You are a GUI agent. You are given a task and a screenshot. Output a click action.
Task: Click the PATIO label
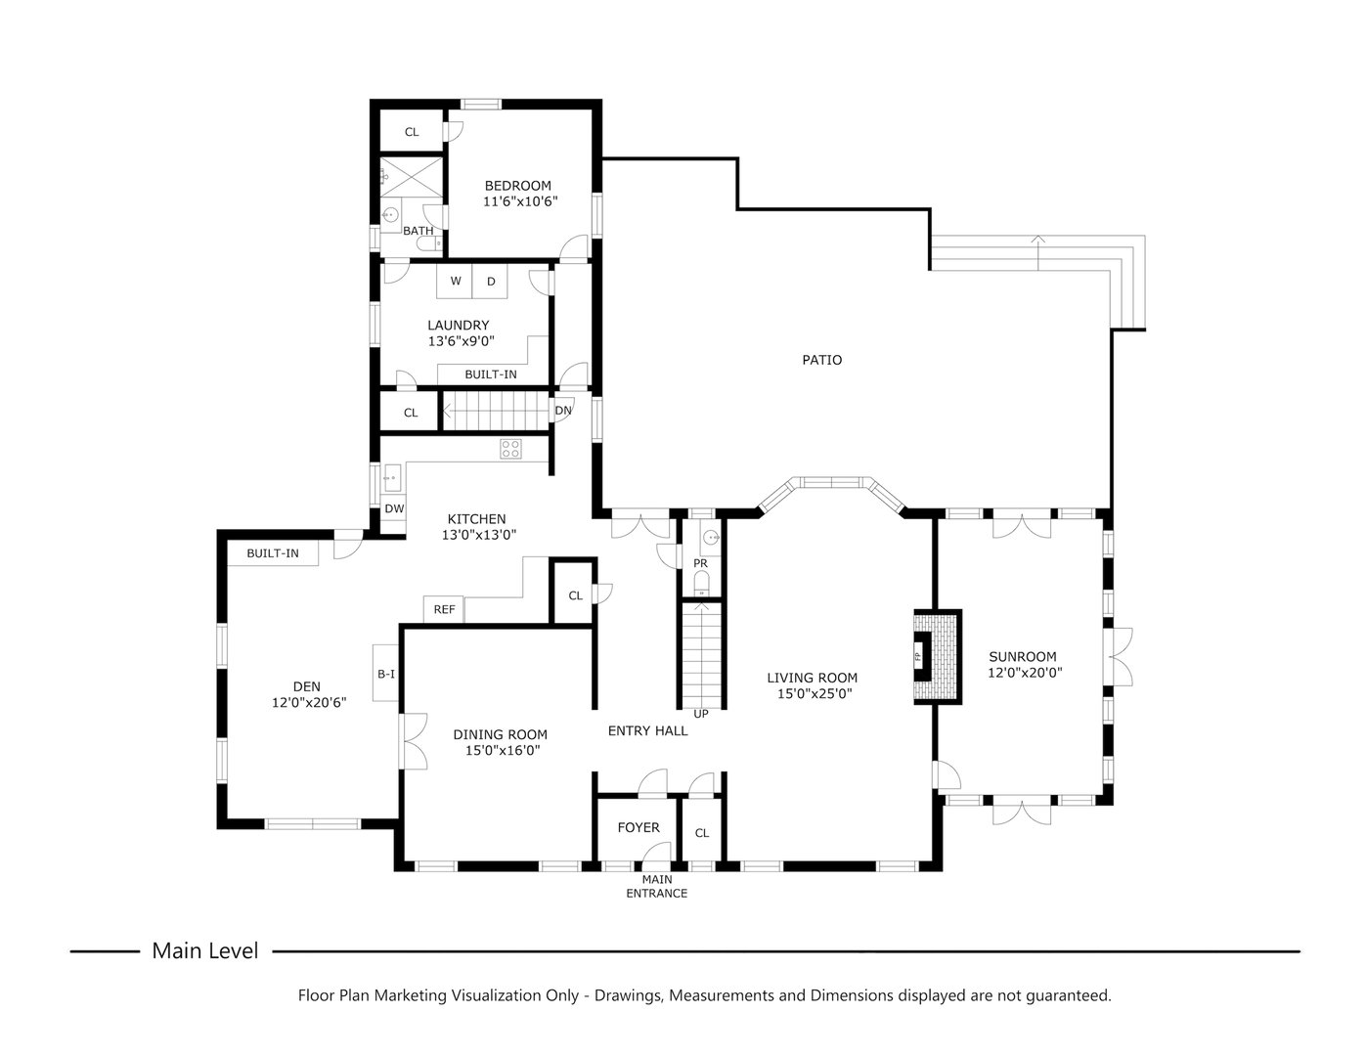coord(821,360)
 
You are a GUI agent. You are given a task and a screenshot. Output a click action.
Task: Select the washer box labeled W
coord(455,282)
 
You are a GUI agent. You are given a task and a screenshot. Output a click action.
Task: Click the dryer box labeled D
coord(491,282)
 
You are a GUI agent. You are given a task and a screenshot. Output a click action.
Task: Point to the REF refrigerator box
coord(444,609)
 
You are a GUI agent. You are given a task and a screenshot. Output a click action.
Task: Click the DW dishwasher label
coord(394,508)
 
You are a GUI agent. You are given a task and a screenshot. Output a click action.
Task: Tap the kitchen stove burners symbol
coord(510,449)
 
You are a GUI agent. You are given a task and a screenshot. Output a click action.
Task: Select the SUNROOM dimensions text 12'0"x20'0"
coord(1024,673)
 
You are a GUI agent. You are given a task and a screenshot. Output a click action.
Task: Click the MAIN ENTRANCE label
coord(656,887)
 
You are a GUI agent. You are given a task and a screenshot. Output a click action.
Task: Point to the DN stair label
coord(563,411)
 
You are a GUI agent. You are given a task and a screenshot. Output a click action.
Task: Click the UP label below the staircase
coord(700,714)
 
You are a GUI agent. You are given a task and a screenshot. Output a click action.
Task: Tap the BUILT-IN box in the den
coord(273,553)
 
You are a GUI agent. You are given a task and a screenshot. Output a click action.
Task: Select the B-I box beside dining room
coord(386,674)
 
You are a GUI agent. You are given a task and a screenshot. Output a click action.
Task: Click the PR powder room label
coord(700,564)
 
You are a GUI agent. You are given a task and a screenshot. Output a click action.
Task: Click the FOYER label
coord(638,828)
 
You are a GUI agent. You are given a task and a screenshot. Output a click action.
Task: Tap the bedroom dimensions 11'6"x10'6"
coord(519,202)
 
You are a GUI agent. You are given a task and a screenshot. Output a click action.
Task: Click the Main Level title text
coord(205,950)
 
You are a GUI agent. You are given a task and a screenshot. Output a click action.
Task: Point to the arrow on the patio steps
coord(1037,241)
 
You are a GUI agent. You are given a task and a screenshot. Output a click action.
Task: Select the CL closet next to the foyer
coord(701,833)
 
